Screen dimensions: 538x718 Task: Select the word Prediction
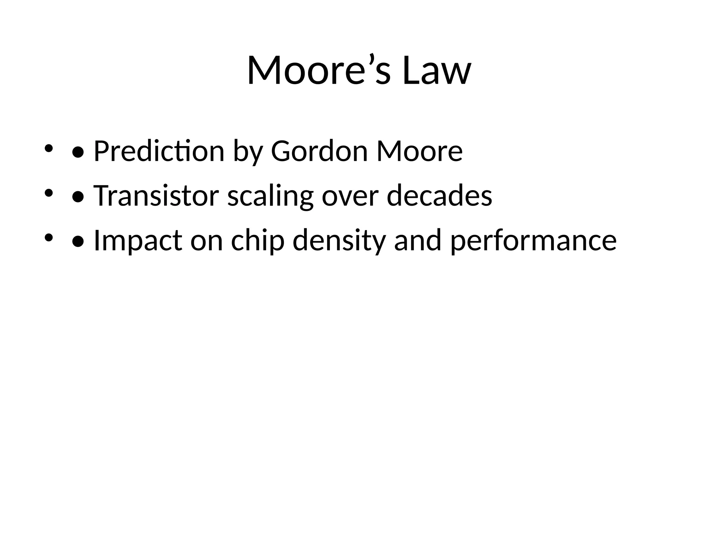pyautogui.click(x=159, y=151)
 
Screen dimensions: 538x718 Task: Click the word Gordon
pyautogui.click(x=319, y=151)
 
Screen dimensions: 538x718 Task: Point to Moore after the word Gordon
pyautogui.click(x=419, y=151)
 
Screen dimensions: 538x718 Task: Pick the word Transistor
pyautogui.click(x=156, y=195)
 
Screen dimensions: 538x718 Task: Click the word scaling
pyautogui.click(x=270, y=196)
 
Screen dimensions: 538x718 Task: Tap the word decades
pyautogui.click(x=439, y=195)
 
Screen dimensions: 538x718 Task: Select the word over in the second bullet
pyautogui.click(x=350, y=196)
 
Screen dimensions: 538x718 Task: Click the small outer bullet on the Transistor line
pyautogui.click(x=48, y=193)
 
